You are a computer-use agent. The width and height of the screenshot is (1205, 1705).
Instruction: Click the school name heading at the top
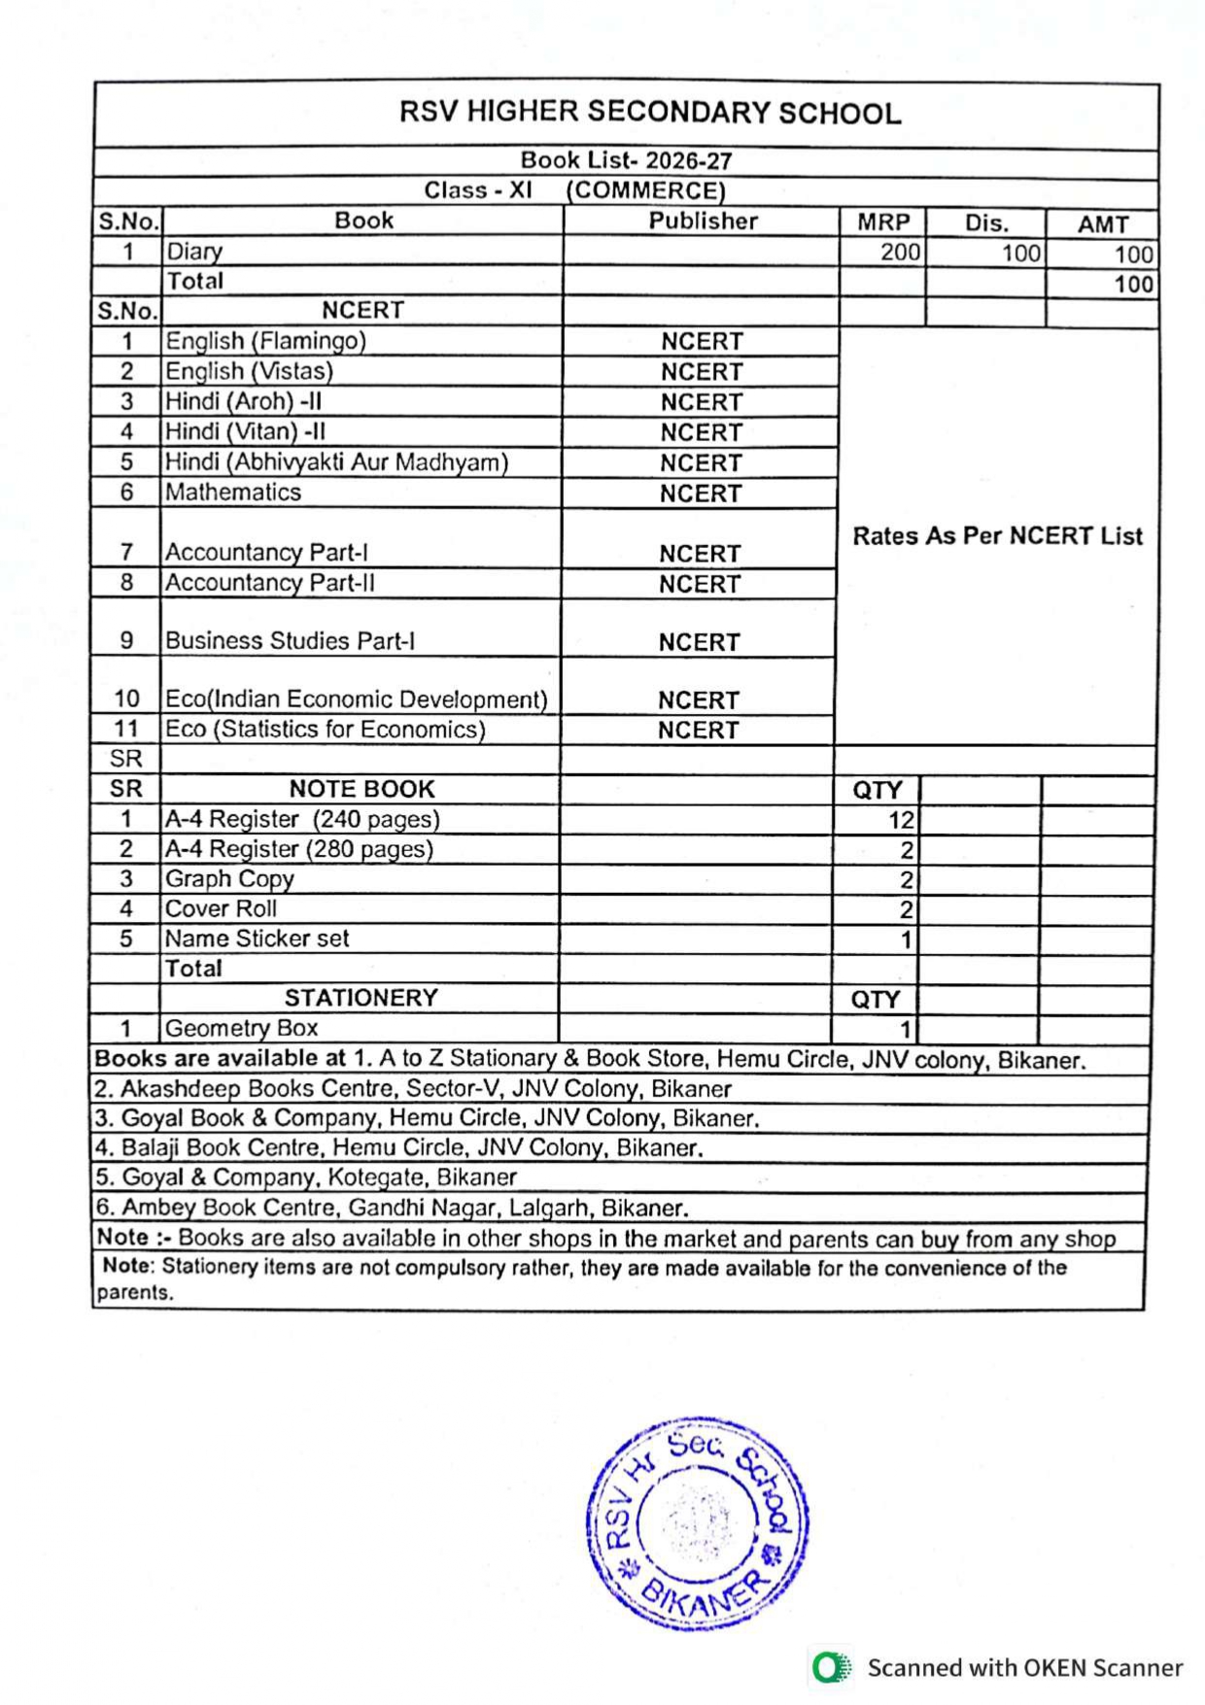[649, 114]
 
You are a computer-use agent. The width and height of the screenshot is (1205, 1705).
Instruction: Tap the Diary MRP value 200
[899, 253]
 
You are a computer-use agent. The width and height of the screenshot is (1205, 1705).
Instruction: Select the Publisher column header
[703, 222]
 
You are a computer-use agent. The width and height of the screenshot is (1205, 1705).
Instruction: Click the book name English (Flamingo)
[265, 341]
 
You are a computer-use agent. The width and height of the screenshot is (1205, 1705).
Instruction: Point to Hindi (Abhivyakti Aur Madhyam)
[336, 462]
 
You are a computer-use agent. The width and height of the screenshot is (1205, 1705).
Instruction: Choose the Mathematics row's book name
[233, 493]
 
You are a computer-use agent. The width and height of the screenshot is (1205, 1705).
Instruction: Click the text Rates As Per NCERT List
[997, 536]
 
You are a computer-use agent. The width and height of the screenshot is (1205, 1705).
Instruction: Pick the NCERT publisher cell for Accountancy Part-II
[700, 584]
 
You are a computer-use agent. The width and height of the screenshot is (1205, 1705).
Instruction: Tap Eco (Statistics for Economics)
[325, 730]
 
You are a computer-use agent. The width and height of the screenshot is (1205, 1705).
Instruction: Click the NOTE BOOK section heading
[361, 789]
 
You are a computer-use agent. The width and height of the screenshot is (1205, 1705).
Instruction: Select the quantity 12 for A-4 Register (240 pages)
[900, 820]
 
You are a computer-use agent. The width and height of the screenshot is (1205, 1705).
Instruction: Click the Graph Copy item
[229, 879]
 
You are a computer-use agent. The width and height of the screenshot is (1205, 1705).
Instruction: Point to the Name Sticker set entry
[257, 938]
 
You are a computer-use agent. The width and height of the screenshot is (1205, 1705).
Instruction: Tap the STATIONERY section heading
[361, 998]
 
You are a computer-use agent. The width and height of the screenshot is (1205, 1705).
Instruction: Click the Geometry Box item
[241, 1028]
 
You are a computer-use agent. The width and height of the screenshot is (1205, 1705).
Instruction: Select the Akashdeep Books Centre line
[413, 1088]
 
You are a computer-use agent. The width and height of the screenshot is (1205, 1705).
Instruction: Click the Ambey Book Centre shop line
[393, 1208]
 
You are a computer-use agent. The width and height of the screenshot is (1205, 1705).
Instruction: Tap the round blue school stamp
[697, 1523]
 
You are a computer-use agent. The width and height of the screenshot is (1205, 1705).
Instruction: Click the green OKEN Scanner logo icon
[830, 1667]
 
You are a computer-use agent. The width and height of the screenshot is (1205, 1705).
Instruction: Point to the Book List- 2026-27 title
[626, 160]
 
